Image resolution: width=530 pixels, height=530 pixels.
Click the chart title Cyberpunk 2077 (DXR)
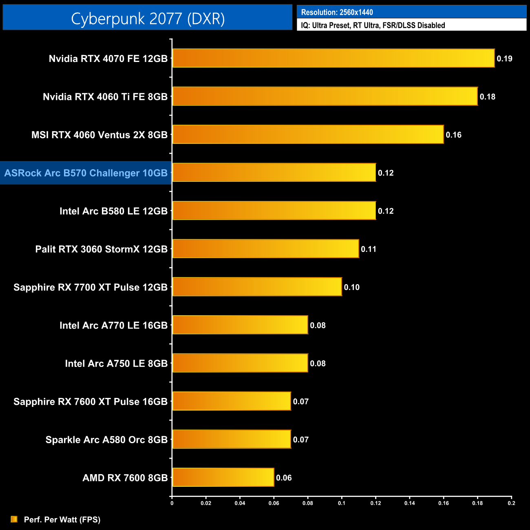pos(148,18)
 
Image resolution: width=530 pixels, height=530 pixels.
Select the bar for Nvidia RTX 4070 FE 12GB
pos(333,58)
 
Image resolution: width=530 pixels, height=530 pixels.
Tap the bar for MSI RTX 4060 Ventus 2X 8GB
pos(308,135)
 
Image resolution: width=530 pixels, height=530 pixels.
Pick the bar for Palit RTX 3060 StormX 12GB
pos(265,249)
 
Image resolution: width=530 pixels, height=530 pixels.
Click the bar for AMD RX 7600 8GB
pos(223,477)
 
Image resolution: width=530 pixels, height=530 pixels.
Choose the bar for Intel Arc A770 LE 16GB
pos(240,325)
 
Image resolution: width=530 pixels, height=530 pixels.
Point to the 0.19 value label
pos(504,59)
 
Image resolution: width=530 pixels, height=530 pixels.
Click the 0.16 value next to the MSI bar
pos(453,135)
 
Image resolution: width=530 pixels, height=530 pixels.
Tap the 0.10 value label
pos(351,287)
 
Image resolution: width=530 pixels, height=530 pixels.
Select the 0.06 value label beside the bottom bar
pos(284,478)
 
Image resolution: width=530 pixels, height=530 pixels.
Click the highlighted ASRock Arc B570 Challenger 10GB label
pos(86,173)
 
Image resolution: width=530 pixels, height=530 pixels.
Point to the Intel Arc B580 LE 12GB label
pos(113,211)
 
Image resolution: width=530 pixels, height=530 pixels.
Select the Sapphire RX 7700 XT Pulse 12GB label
pos(91,287)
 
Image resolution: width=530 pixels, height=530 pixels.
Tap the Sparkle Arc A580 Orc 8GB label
pos(106,440)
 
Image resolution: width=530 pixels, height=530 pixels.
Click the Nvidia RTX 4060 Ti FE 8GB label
pos(105,97)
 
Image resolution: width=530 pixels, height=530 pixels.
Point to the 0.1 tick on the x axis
pos(342,503)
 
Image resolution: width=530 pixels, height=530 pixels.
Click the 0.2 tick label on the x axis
pos(511,503)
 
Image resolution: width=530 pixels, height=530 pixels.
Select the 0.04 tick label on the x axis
pos(240,503)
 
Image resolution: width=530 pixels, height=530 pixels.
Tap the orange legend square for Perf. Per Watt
pos(14,519)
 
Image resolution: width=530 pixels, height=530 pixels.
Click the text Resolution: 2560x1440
pos(337,12)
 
